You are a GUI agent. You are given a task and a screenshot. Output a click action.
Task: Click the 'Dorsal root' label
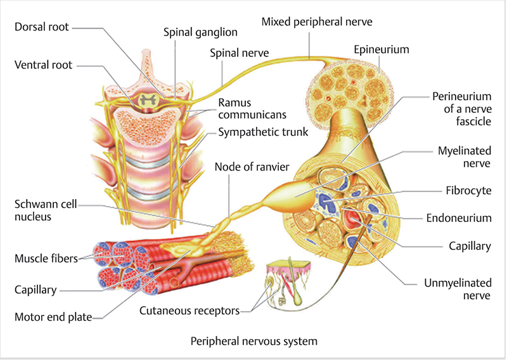click(41, 27)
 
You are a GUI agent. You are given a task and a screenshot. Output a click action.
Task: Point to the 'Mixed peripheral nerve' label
click(316, 22)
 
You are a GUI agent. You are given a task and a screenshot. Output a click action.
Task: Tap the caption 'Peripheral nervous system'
click(253, 342)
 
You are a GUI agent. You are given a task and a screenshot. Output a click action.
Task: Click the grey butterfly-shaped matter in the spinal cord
click(150, 99)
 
